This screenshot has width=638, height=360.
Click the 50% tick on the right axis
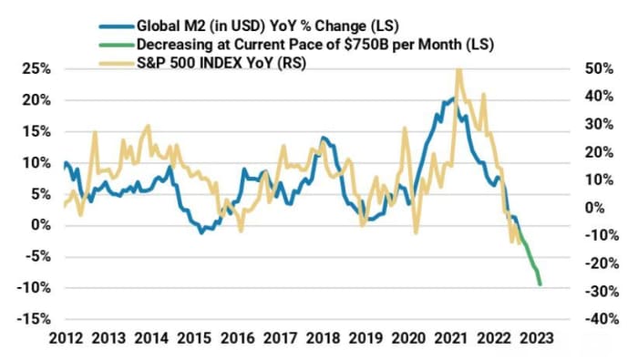point(584,69)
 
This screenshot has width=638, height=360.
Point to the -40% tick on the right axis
point(581,319)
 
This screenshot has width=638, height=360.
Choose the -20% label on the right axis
point(581,263)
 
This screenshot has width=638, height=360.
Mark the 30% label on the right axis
point(584,124)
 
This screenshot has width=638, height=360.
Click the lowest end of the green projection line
point(540,285)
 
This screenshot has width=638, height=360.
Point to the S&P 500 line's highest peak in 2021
point(458,69)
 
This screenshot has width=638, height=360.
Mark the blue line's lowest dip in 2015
point(202,232)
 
